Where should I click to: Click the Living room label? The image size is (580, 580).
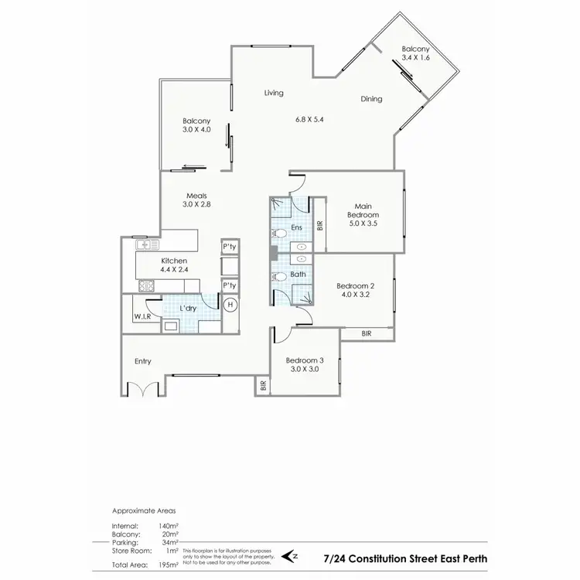[x=274, y=93]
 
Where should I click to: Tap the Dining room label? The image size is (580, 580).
[x=371, y=99]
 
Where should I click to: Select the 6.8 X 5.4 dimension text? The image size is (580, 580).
[x=312, y=120]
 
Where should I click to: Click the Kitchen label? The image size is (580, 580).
[x=174, y=261]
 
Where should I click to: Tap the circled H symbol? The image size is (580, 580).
[x=230, y=305]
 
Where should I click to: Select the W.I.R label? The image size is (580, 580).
[x=142, y=316]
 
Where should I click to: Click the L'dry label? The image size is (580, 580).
[x=187, y=309]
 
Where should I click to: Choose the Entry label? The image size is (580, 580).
[x=144, y=361]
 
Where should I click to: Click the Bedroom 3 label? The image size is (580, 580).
[x=305, y=360]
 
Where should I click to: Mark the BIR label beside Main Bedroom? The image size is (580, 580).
[x=320, y=225]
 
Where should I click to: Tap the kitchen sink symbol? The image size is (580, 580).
[x=145, y=245]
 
